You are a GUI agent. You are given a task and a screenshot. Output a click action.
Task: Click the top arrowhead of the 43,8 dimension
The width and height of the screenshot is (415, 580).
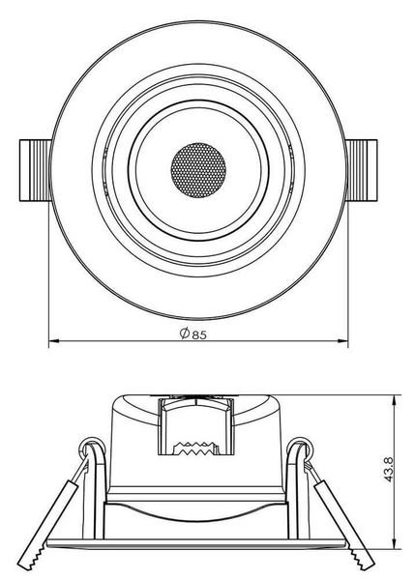tap(397, 399)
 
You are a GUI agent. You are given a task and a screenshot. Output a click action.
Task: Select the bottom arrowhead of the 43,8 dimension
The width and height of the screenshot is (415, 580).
tap(397, 544)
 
